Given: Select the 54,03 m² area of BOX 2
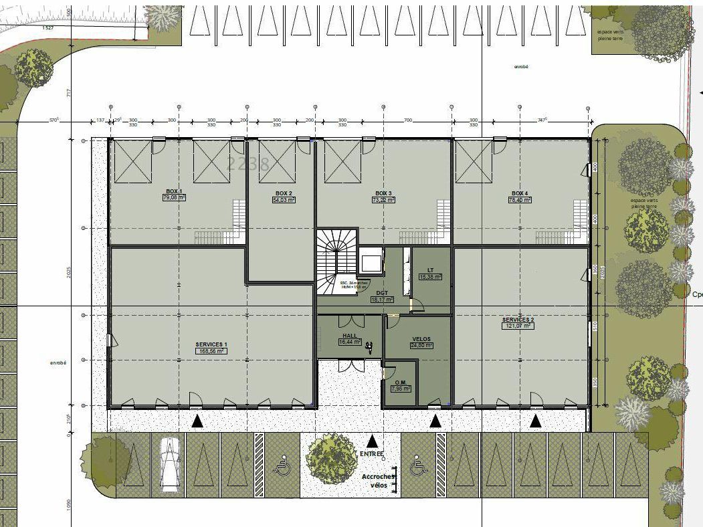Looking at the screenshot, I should pyautogui.click(x=284, y=199).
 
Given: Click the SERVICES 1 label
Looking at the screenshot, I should pyautogui.click(x=211, y=344).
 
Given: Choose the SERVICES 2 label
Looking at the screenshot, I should pyautogui.click(x=518, y=320).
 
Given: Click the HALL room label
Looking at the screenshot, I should pyautogui.click(x=349, y=336).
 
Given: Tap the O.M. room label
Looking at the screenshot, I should pyautogui.click(x=401, y=382).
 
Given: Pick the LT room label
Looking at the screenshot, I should pyautogui.click(x=430, y=270).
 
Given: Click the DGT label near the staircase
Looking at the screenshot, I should pyautogui.click(x=382, y=294).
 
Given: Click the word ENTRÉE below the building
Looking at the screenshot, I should pyautogui.click(x=373, y=453).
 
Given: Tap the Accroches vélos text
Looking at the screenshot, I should pyautogui.click(x=379, y=481).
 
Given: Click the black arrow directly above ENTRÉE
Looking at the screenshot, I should pyautogui.click(x=373, y=441).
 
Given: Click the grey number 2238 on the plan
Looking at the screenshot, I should pyautogui.click(x=248, y=163).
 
